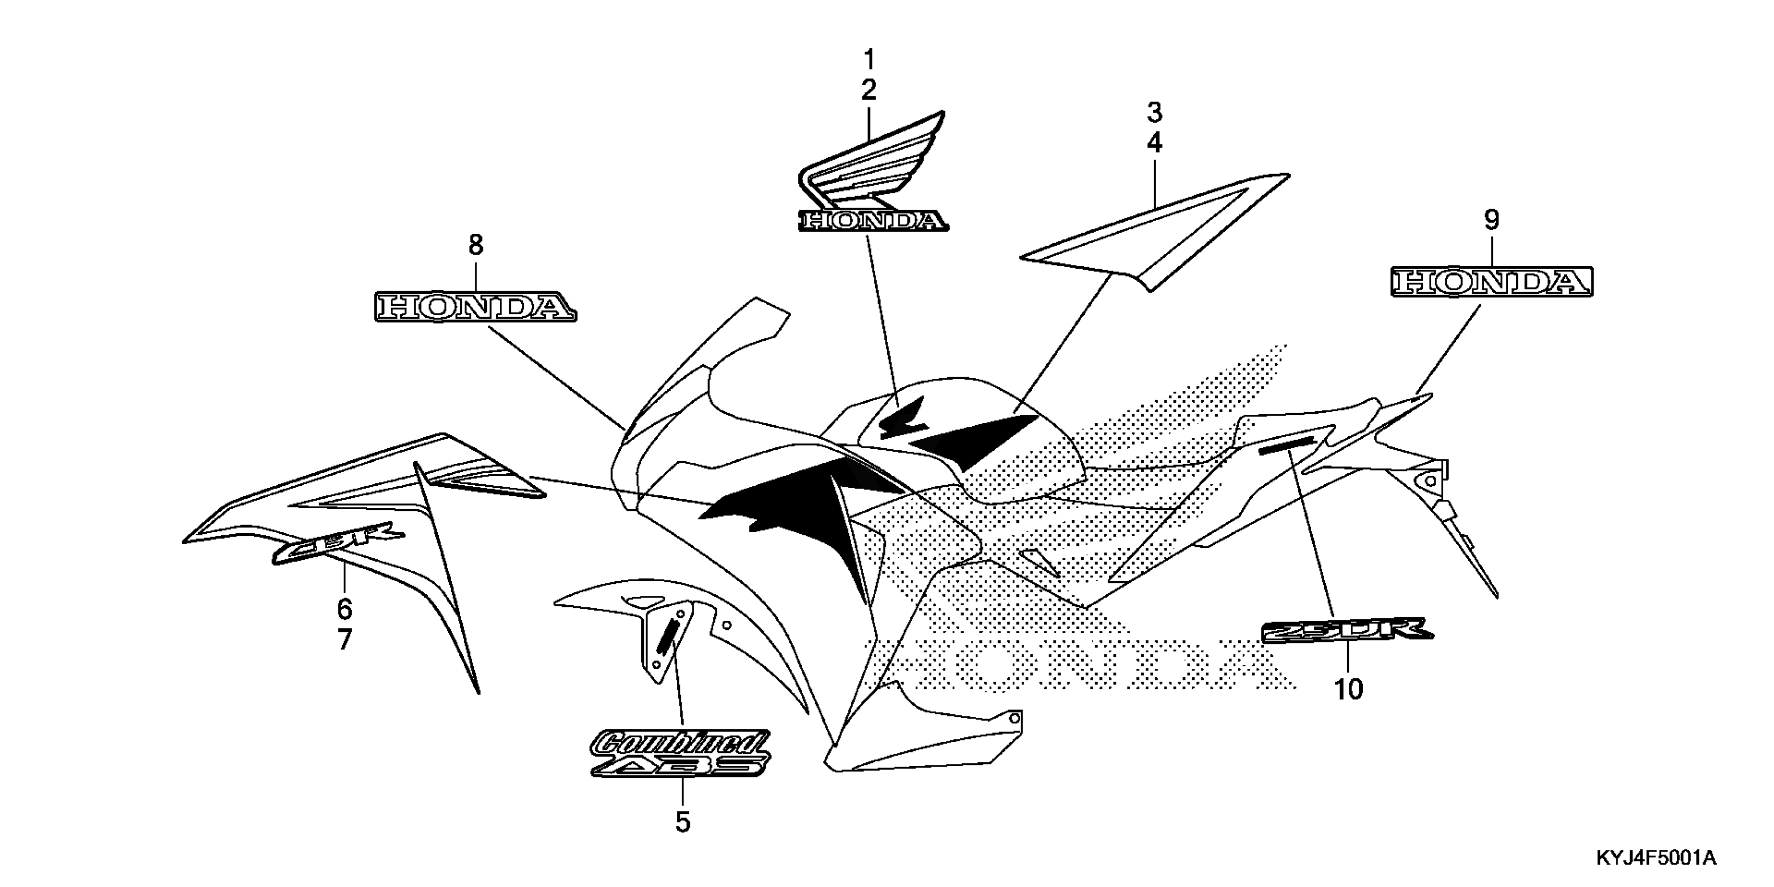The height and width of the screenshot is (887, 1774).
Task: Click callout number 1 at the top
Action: click(x=869, y=60)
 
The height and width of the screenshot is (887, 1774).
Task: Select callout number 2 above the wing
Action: click(x=869, y=90)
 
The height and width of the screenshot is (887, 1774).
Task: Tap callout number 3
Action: click(x=1154, y=112)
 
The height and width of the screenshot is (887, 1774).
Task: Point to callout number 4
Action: click(x=1154, y=143)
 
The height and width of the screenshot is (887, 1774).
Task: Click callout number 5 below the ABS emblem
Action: click(x=682, y=822)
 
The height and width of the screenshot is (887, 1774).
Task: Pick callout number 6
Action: click(x=344, y=609)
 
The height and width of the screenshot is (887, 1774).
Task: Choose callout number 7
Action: click(x=344, y=640)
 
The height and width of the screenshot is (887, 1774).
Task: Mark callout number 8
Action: click(x=476, y=245)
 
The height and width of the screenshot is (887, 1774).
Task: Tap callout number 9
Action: click(x=1491, y=220)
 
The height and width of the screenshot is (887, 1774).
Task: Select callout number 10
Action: click(x=1348, y=689)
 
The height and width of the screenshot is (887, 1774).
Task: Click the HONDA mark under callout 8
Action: click(x=476, y=307)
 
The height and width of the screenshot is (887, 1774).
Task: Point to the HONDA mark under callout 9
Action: click(x=1492, y=282)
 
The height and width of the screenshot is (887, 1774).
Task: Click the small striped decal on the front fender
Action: click(x=667, y=637)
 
